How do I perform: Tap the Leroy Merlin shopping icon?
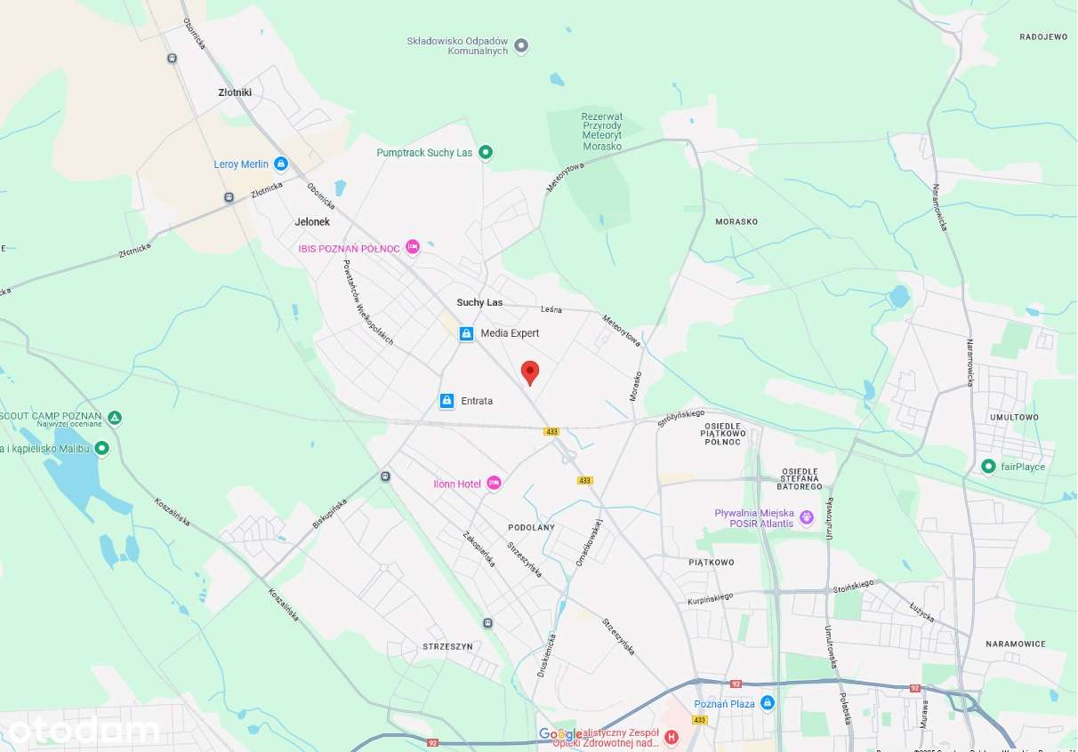(x=281, y=164)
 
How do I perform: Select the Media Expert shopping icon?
(x=466, y=333)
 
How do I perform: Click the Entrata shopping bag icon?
(x=447, y=401)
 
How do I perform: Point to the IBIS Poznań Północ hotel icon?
(x=412, y=247)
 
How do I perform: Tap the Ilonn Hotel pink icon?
(x=495, y=483)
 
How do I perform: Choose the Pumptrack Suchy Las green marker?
(x=486, y=153)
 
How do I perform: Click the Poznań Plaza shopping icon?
(x=768, y=703)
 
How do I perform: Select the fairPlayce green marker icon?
(x=988, y=467)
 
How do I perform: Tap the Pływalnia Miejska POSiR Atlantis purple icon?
(x=807, y=516)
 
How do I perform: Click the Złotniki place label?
(x=235, y=92)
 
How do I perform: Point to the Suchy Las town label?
(x=479, y=302)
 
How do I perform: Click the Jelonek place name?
(x=312, y=221)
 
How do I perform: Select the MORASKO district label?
(x=736, y=221)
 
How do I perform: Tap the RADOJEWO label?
(x=1043, y=37)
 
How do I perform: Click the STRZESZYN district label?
(x=448, y=646)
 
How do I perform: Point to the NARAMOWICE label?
(x=1016, y=644)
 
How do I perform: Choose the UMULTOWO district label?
(x=1014, y=417)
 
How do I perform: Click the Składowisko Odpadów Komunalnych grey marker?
(x=522, y=45)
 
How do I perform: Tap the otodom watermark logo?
(x=84, y=731)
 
